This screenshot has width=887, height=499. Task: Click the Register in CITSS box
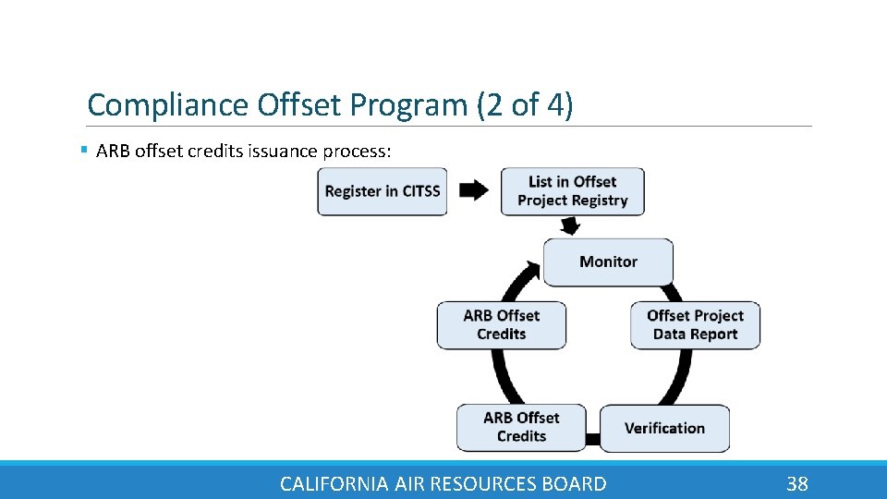pyautogui.click(x=383, y=191)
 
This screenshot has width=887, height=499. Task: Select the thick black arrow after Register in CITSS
pyautogui.click(x=474, y=190)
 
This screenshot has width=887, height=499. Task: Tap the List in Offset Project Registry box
pyautogui.click(x=572, y=191)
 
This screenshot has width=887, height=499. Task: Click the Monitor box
pyautogui.click(x=608, y=262)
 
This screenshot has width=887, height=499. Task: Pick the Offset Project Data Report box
pyautogui.click(x=695, y=324)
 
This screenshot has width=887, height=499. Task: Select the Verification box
pyautogui.click(x=664, y=428)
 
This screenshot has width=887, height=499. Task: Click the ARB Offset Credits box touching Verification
pyautogui.click(x=521, y=427)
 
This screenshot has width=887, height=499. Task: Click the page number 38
pyautogui.click(x=796, y=483)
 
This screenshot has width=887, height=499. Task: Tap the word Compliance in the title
pyautogui.click(x=167, y=105)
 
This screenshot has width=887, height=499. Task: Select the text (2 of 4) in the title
pyautogui.click(x=525, y=105)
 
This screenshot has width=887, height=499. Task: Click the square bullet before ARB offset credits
pyautogui.click(x=84, y=149)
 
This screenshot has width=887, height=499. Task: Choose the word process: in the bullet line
pyautogui.click(x=358, y=151)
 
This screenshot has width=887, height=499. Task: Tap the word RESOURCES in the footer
pyautogui.click(x=487, y=483)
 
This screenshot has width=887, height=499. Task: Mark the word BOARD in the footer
pyautogui.click(x=575, y=483)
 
